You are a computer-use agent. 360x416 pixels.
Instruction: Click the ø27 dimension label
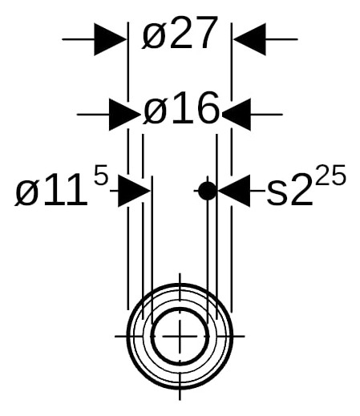point(180,33)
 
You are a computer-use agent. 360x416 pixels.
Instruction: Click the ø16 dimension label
point(181,108)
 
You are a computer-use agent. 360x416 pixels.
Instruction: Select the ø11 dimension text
point(51,190)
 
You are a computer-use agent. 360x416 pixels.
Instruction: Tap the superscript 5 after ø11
point(101,175)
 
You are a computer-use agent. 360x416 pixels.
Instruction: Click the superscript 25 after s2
point(330,175)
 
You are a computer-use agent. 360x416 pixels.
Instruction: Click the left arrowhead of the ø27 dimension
point(110,39)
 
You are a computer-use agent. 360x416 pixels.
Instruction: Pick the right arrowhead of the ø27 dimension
point(249,39)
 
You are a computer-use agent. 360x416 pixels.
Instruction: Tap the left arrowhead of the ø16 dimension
point(125,115)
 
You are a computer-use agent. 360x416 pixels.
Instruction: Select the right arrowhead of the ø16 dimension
point(237,115)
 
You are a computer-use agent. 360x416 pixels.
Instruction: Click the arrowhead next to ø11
point(134,191)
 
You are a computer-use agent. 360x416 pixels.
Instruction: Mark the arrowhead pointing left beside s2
point(234,191)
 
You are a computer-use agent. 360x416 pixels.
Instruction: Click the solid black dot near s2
point(208,191)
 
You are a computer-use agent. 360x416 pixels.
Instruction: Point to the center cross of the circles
point(180,336)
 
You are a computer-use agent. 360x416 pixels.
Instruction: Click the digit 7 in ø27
point(206,33)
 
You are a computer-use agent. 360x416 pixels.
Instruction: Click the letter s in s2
point(277,194)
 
